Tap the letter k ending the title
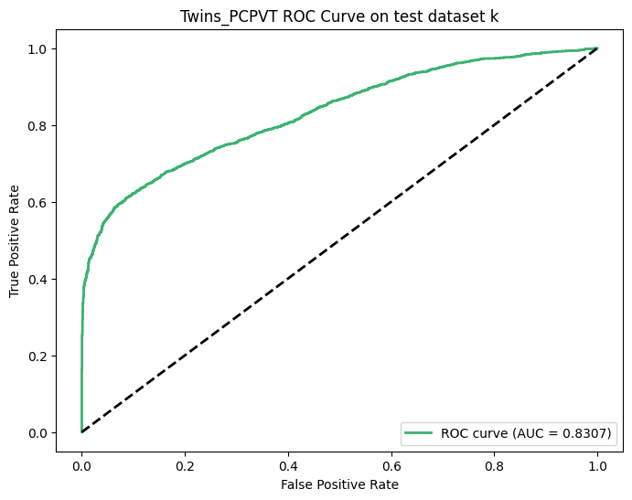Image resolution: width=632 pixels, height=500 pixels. pos(494,16)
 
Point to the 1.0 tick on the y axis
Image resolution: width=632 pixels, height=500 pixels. pos(37,49)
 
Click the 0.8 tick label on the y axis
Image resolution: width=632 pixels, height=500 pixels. pos(37,126)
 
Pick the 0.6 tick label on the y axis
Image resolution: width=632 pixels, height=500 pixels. pos(37,203)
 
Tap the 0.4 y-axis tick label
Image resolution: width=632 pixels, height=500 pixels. pos(37,280)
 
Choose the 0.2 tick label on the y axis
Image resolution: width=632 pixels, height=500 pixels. pos(37,356)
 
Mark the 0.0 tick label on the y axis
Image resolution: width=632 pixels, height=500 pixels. pos(37,433)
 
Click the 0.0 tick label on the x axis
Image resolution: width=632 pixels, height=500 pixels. pos(81,466)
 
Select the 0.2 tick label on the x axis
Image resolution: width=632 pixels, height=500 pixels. pos(185,466)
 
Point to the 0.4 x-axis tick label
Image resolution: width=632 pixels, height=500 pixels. pos(288,466)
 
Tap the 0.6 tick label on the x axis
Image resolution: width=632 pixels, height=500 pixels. pos(391,466)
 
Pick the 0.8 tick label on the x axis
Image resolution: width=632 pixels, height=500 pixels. pos(495,466)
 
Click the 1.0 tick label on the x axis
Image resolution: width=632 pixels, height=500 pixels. pos(598,466)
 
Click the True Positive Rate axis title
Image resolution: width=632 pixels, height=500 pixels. pos(14,241)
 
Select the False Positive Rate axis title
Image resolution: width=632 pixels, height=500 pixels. pos(340,484)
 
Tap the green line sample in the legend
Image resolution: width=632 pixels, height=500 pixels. pos(419,433)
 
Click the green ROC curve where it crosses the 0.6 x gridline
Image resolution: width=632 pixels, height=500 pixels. pos(391,81)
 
